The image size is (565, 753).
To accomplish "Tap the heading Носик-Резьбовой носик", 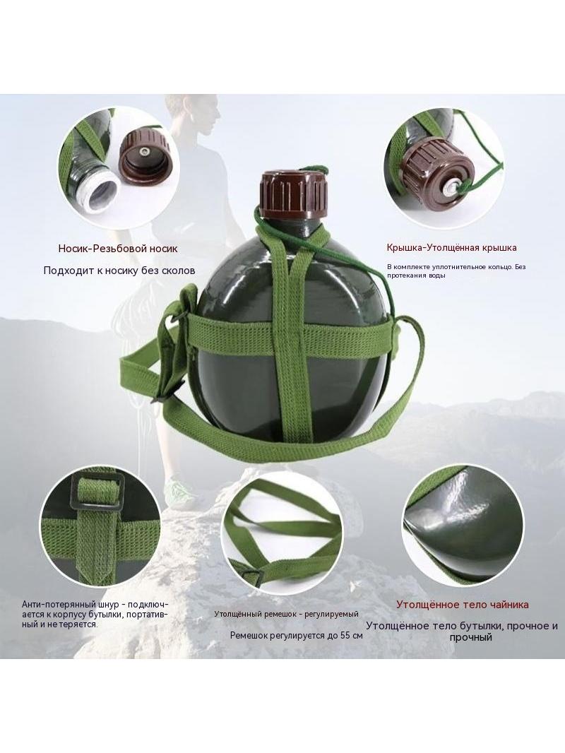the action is pyautogui.click(x=118, y=249).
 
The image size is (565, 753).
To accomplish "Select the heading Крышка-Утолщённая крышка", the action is pyautogui.click(x=452, y=248).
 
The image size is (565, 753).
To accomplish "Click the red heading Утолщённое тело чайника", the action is pyautogui.click(x=463, y=605).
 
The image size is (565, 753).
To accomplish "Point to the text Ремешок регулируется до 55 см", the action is pyautogui.click(x=296, y=635).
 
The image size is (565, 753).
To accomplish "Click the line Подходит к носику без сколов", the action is pyautogui.click(x=119, y=271).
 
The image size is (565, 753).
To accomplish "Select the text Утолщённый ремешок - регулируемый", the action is pyautogui.click(x=286, y=614).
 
